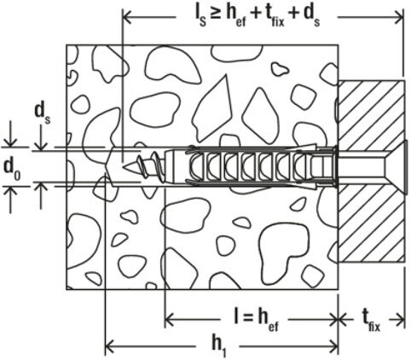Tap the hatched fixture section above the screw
[371, 111]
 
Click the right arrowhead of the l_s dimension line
[399, 15]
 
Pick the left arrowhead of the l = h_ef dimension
[169, 318]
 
